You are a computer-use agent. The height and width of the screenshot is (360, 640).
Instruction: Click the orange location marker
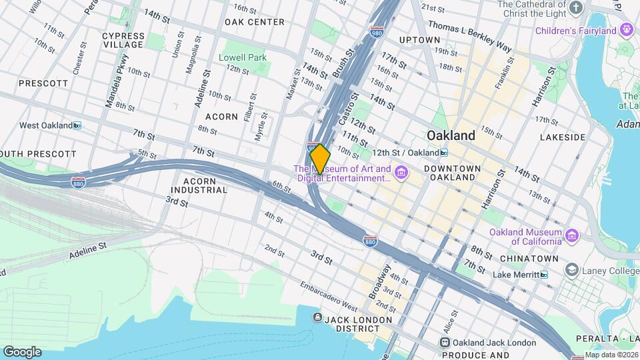(320, 159)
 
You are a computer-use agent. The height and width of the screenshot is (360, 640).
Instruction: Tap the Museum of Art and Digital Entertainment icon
(401, 174)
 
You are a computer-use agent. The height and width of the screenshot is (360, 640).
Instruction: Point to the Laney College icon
(572, 269)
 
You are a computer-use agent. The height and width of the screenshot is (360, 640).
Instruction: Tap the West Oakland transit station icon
(78, 125)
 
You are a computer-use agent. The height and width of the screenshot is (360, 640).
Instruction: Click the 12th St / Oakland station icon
(444, 153)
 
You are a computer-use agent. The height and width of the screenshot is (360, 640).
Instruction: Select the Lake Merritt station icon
(544, 275)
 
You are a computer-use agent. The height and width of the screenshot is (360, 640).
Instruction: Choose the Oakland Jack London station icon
(444, 343)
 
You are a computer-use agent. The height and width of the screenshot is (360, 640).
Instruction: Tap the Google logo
(22, 351)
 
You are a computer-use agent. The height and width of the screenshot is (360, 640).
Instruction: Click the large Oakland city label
(451, 135)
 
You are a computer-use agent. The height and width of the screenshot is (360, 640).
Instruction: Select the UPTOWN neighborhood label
(419, 41)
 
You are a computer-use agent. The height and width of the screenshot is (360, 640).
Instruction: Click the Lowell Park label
(243, 57)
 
